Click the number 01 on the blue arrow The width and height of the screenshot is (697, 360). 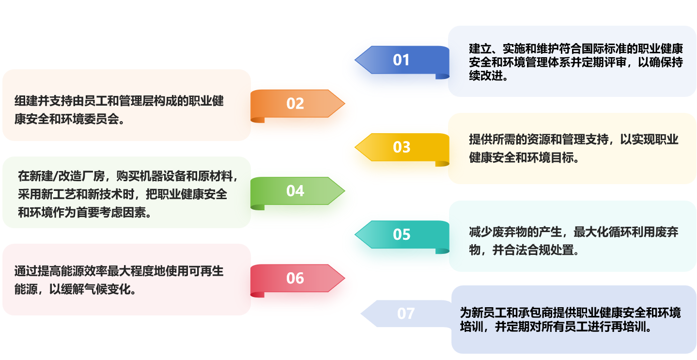401,60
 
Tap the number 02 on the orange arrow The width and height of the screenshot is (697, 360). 295,103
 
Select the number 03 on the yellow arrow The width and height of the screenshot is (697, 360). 402,147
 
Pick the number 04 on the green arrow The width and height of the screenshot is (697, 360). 295,191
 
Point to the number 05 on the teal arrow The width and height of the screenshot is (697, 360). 402,235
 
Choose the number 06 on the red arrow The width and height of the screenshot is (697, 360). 295,278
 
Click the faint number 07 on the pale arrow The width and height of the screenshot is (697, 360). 406,313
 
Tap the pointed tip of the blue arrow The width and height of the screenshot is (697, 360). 356,60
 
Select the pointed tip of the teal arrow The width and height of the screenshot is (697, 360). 356,235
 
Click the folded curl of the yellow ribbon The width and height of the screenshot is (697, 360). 442,163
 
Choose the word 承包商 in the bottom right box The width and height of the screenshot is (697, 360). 533,313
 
